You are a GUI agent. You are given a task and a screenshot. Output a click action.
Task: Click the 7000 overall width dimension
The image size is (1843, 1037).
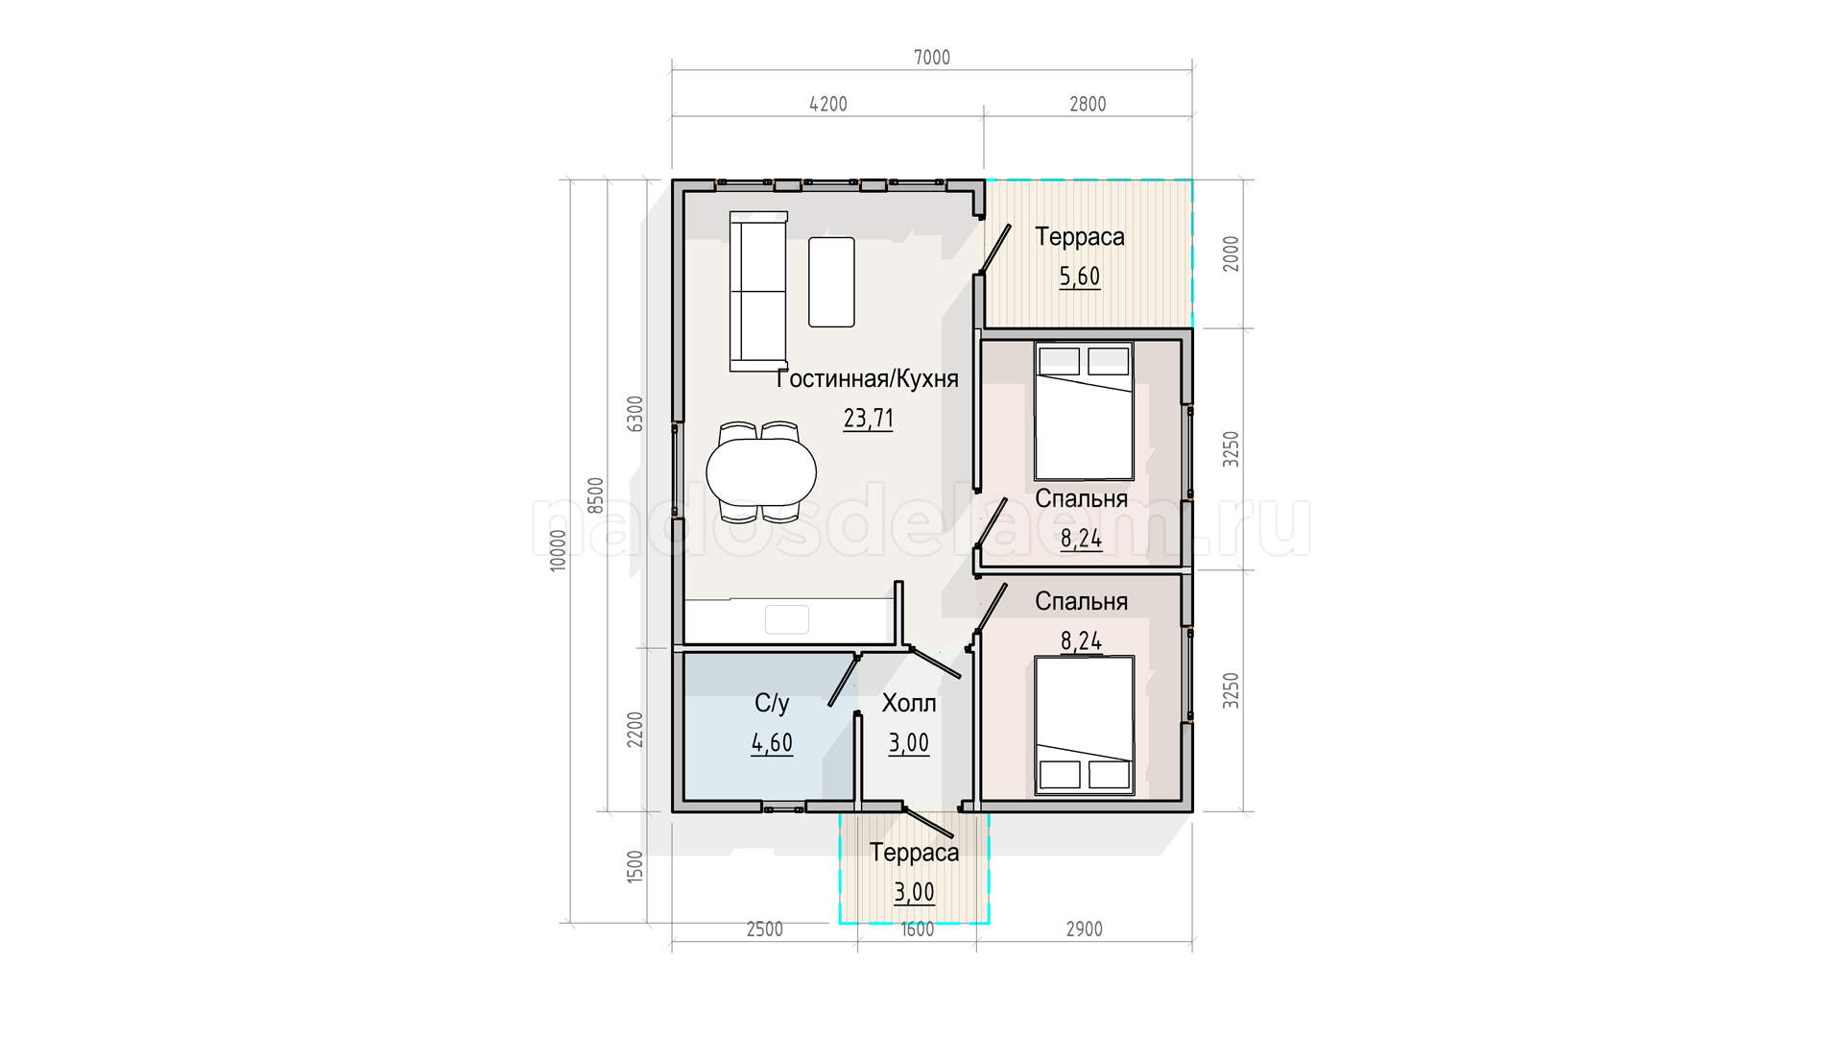[x=931, y=58]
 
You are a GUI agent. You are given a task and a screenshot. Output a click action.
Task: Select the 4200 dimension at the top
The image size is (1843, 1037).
[x=828, y=104]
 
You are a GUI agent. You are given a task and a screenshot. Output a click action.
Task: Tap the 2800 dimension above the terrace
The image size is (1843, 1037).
[x=1088, y=104]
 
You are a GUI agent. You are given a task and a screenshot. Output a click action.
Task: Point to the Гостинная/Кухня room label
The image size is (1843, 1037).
[x=868, y=379]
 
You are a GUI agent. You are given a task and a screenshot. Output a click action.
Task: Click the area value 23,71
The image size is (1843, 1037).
[x=868, y=419]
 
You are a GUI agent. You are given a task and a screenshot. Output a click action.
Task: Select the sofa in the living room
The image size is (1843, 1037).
[x=758, y=291]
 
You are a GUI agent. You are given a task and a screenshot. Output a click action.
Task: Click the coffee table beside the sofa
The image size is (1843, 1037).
[x=831, y=282]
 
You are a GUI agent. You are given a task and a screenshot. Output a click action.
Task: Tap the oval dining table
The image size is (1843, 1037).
[x=761, y=471]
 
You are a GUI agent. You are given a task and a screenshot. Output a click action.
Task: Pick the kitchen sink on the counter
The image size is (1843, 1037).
[x=787, y=619]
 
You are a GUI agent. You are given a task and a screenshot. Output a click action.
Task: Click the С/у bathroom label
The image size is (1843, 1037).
[x=772, y=704]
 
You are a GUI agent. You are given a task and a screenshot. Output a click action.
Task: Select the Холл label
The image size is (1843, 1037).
[x=909, y=704]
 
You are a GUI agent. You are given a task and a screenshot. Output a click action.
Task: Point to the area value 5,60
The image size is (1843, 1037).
[x=1080, y=277]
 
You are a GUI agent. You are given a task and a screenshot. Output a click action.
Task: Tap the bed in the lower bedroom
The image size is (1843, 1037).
[x=1084, y=726]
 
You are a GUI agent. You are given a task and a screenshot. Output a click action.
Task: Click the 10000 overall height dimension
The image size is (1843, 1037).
[x=559, y=551]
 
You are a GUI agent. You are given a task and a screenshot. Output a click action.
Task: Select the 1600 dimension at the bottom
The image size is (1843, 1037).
[x=917, y=929]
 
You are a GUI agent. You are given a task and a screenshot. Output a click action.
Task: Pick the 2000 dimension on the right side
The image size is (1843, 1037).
[x=1232, y=253]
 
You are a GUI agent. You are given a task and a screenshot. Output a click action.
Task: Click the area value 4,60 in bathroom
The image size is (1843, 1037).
[x=772, y=743]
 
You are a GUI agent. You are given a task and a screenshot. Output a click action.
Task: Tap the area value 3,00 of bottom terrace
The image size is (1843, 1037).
[x=914, y=892]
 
